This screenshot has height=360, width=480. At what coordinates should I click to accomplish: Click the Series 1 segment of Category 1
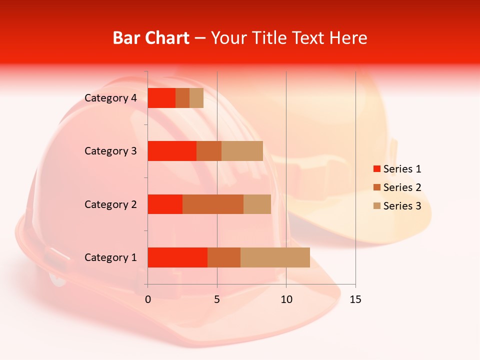point(177,257)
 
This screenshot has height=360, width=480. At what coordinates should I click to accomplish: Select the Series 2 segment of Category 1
point(224,257)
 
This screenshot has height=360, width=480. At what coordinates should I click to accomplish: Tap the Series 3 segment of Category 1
point(275,257)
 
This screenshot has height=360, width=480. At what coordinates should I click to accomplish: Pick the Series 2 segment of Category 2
point(213,204)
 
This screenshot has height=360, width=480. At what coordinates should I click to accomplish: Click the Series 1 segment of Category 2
point(165,204)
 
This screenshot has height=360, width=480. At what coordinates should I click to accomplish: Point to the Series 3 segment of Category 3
point(242,151)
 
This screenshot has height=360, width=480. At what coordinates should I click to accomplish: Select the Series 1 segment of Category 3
point(172,151)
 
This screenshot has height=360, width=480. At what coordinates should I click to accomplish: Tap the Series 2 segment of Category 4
point(182,98)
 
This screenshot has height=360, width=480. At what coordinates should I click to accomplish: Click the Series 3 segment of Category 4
point(196,98)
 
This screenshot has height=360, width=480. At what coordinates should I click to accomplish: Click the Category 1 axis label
point(110,257)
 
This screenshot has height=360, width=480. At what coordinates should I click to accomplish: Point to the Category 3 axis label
point(110,151)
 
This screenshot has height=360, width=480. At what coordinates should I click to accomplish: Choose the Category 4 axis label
point(110,98)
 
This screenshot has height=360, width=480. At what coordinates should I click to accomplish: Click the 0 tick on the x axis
point(148,299)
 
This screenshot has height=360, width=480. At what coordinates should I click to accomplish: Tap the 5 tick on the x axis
point(217,299)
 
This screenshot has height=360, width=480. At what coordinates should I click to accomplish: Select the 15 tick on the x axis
point(355,299)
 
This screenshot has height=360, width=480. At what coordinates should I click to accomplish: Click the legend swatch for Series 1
point(376,169)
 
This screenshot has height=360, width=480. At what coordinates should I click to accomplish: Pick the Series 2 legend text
point(402,187)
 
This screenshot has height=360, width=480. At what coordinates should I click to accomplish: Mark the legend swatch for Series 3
point(376,206)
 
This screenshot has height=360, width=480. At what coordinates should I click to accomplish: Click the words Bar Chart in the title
point(151,38)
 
